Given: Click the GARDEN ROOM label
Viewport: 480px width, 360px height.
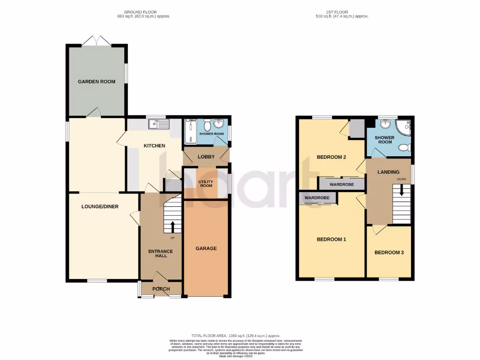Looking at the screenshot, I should click(x=97, y=82).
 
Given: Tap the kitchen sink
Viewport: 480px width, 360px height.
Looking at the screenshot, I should click(x=158, y=124).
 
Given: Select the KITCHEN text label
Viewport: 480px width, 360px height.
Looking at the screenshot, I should click(x=154, y=146).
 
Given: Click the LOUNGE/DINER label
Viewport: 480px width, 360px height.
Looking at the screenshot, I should click(x=99, y=206).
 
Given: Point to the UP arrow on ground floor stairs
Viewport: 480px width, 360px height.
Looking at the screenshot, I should click(x=172, y=227).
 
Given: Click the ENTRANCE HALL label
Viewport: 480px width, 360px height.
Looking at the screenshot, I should click(x=161, y=254).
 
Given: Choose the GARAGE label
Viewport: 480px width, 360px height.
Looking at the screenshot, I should click(x=206, y=248).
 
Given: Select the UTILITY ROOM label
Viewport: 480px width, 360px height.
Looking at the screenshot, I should click(x=206, y=183).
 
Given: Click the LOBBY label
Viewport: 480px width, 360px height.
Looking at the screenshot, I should click(x=206, y=157).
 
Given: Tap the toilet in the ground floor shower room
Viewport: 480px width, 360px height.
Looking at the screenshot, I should click(x=218, y=125).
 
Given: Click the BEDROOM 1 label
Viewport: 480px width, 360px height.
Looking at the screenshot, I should click(x=331, y=240).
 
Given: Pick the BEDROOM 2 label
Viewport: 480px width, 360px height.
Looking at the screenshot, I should click(x=331, y=157).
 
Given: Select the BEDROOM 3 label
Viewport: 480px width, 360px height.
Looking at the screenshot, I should click(x=389, y=253).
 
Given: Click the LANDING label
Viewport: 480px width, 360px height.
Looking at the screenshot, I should click(x=389, y=172).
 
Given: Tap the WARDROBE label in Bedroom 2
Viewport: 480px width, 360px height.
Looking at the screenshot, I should click(x=342, y=185).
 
